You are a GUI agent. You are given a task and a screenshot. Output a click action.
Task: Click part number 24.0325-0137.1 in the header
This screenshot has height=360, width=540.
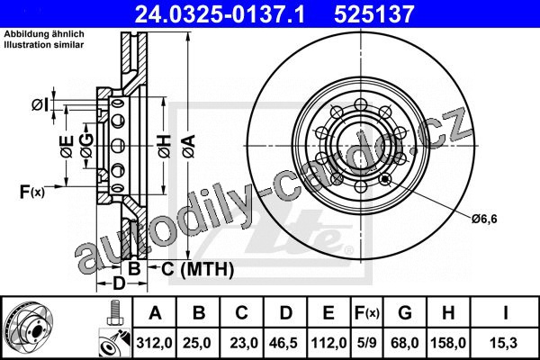(220, 14)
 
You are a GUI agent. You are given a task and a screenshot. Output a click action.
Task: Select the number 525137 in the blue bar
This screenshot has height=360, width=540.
(373, 14)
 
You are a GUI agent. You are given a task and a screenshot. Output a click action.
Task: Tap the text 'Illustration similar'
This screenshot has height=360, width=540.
(44, 45)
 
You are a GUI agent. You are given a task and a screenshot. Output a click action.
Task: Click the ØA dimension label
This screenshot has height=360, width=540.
(189, 147)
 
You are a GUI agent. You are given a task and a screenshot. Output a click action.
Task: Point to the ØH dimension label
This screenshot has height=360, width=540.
(165, 147)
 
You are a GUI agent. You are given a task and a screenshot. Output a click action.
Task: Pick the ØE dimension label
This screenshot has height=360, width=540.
(67, 147)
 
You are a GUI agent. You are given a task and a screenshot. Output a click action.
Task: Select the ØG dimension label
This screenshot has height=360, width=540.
(86, 146)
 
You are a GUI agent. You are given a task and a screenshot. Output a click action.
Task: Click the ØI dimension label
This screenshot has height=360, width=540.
(40, 104)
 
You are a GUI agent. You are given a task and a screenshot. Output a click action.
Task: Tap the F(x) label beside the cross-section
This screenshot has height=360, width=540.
(32, 192)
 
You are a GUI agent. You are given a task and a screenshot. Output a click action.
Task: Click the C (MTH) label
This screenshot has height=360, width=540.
(197, 269)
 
